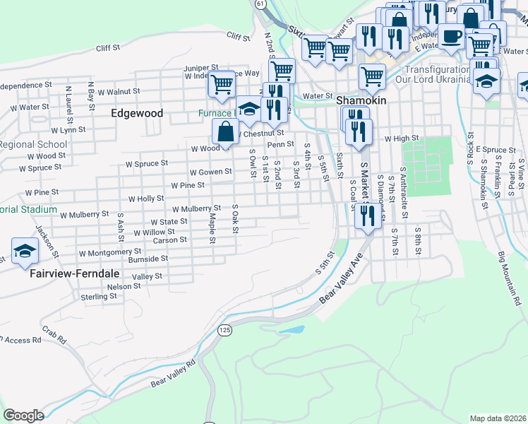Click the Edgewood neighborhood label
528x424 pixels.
pyautogui.click(x=137, y=113)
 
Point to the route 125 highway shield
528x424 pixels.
pyautogui.click(x=224, y=330)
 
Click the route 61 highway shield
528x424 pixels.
pyautogui.click(x=260, y=4)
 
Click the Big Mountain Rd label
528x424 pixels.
pyautogui.click(x=508, y=278)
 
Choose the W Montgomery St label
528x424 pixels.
pyautogui.click(x=110, y=252)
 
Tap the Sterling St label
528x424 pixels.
pyautogui.click(x=99, y=297)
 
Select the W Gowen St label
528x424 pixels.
pyautogui.click(x=210, y=172)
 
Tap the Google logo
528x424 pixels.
pyautogui.click(x=23, y=416)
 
